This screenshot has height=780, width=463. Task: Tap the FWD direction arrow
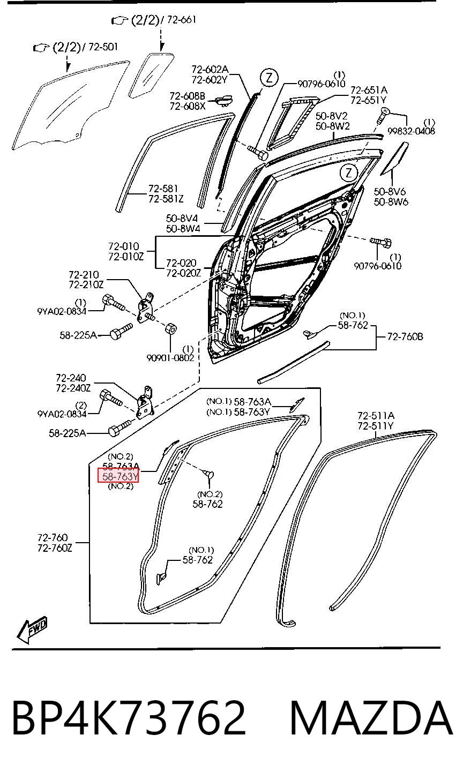[32, 630]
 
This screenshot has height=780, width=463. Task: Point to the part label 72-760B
[405, 336]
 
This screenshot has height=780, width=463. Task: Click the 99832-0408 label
[411, 131]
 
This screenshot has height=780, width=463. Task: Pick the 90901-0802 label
[170, 358]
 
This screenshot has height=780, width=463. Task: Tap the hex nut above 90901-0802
[170, 328]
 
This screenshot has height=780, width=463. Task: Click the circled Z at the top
[270, 78]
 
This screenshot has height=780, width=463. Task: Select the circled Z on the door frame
[349, 172]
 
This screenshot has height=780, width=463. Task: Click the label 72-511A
[376, 415]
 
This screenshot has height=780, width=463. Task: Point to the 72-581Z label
[166, 199]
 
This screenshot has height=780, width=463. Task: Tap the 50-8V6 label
[390, 191]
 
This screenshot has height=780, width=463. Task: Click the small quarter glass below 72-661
[151, 75]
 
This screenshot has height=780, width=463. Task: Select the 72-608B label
[188, 95]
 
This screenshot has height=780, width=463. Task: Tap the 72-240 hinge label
[71, 378]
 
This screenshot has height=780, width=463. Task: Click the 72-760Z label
[55, 547]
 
